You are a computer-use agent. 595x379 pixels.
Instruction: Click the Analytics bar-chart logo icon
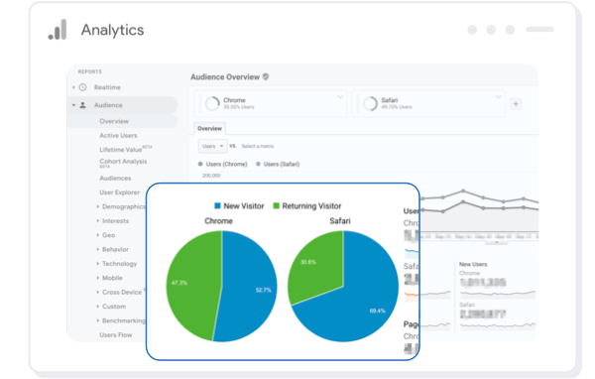[57, 30]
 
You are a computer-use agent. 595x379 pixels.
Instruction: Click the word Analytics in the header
[112, 30]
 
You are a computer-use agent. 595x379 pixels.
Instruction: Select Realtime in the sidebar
[107, 87]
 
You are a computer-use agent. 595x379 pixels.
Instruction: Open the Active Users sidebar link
[118, 135]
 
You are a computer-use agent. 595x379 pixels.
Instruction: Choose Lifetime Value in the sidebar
[120, 149]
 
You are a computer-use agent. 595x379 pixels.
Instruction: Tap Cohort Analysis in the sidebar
[122, 162]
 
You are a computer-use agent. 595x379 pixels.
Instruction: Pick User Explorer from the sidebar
[119, 191]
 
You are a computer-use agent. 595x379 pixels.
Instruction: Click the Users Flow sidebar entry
[116, 334]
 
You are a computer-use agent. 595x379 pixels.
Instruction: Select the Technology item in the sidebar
[119, 263]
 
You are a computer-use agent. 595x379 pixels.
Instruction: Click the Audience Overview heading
[224, 76]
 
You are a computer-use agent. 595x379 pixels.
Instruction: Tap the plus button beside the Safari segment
[515, 103]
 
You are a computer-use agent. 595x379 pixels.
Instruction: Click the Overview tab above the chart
[209, 128]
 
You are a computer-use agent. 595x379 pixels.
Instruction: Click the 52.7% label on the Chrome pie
[263, 290]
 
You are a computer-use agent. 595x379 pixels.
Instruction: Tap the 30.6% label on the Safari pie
[307, 262]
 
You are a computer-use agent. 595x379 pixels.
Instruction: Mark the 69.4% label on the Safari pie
[377, 311]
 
